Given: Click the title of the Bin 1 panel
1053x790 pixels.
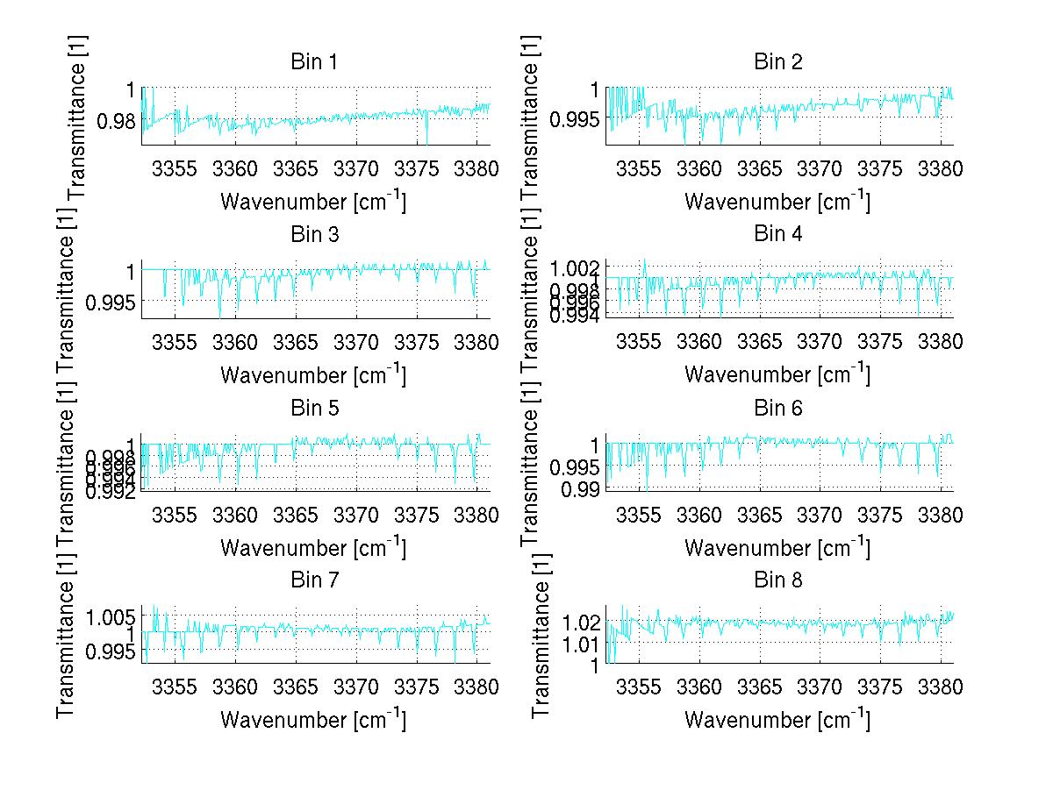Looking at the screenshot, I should tap(314, 62).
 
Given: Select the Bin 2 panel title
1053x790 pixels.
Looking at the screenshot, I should tap(778, 62).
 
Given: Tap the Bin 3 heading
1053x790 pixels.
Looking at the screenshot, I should tap(314, 235).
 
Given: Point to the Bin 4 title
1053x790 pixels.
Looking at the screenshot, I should tap(778, 235).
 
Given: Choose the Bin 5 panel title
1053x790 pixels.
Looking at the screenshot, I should tap(314, 408).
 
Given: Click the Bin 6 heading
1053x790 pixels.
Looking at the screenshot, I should tap(778, 408).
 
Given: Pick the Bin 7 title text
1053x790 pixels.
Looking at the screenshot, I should tap(314, 580).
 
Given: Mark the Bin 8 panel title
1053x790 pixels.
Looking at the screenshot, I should tap(778, 580).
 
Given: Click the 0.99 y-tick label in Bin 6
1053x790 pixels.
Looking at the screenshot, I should tap(582, 488).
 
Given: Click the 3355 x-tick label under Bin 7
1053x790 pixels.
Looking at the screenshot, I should tap(175, 687).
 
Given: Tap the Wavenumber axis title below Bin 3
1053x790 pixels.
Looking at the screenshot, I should tap(313, 374).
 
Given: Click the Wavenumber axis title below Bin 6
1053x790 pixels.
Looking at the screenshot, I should tap(777, 547).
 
